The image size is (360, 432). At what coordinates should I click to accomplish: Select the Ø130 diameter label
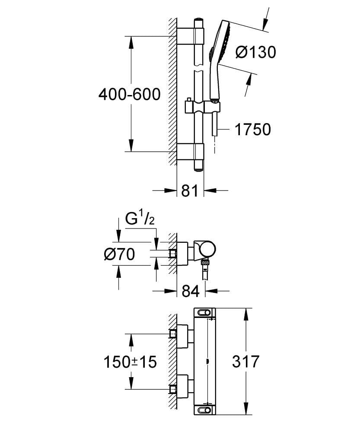[255, 52]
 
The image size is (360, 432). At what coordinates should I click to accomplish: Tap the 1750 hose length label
[252, 129]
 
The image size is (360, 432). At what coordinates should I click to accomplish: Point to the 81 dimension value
[190, 191]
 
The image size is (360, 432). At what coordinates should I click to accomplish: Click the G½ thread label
[140, 219]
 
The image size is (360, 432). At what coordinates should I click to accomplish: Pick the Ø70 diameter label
[119, 254]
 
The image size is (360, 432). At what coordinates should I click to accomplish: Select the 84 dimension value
[190, 292]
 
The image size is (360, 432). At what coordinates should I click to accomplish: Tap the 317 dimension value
[245, 362]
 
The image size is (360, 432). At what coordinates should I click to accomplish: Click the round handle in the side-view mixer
[207, 250]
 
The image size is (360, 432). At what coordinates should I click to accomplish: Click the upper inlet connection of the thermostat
[173, 334]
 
